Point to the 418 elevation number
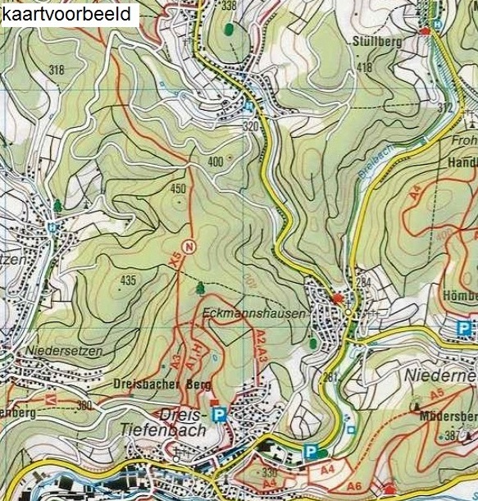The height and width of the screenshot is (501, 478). coord(364,67)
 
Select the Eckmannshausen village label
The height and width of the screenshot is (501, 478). coord(252,313)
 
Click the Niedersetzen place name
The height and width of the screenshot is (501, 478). coord(65,351)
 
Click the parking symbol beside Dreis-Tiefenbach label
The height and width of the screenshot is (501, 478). coord(219,416)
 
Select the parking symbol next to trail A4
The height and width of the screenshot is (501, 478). coord(311,452)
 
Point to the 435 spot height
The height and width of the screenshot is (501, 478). coord(127,281)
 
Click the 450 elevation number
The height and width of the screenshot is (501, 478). coord(178,189)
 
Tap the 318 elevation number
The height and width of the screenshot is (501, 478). coord(56,70)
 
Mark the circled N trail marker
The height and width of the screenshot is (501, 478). coord(189,247)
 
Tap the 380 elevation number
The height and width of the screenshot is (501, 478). coord(84,405)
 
